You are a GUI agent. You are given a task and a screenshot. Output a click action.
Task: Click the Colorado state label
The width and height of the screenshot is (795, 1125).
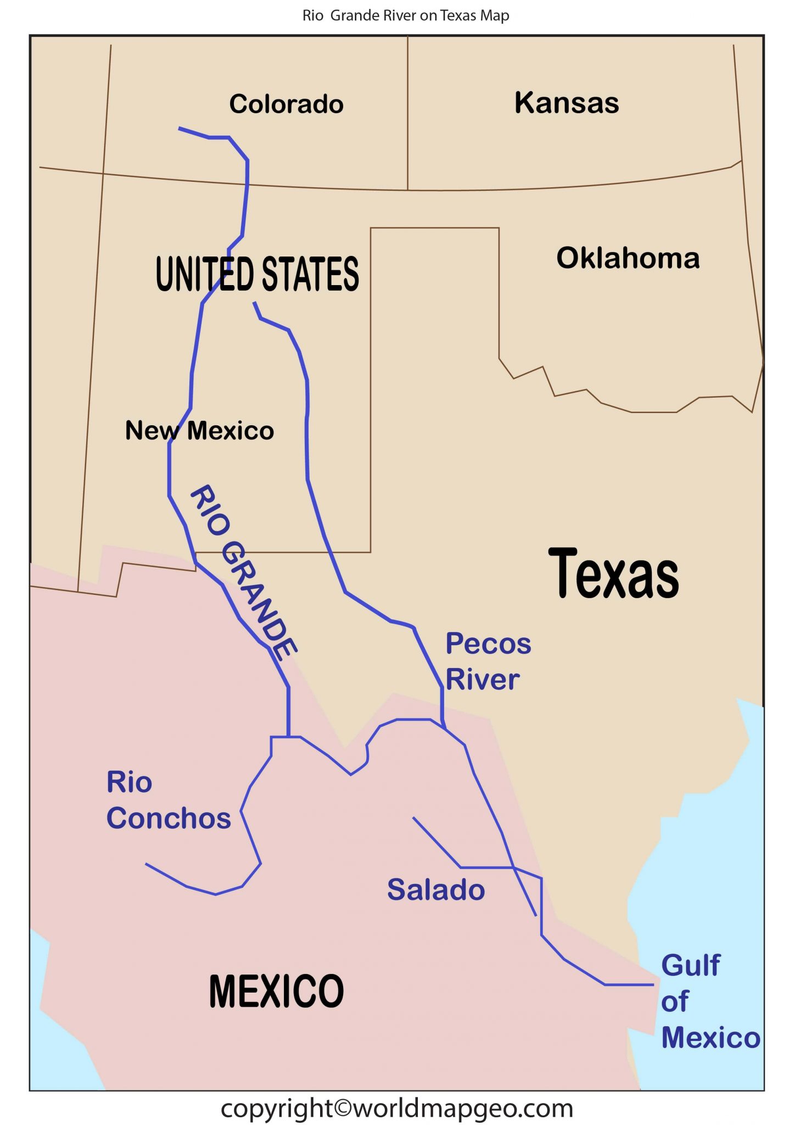pos(286,104)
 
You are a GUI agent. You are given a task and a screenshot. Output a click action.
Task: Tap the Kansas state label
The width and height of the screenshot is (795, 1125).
pos(566,103)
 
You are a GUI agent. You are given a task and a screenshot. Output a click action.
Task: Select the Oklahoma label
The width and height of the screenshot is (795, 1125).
pos(628,258)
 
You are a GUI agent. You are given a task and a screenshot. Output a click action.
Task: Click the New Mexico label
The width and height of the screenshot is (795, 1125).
pos(199,430)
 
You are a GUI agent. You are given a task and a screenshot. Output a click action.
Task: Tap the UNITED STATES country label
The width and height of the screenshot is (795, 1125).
pos(257,274)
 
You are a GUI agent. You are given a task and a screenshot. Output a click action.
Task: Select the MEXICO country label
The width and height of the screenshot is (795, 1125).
pos(276,991)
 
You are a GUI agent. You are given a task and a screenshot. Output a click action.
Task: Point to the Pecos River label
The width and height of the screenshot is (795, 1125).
pos(488,661)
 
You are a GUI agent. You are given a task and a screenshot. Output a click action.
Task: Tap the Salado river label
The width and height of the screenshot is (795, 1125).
pos(436,889)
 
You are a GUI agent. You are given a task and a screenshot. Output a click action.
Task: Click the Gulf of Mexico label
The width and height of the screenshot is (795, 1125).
pos(709,1001)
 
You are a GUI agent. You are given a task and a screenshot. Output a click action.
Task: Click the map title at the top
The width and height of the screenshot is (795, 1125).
pos(406,15)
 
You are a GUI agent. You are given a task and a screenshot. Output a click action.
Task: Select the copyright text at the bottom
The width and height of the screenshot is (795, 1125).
pos(397,1108)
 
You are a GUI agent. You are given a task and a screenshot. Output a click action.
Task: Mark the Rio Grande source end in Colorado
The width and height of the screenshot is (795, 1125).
pos(180,129)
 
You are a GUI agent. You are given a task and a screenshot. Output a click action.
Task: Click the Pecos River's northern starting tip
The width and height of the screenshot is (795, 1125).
pos(254,303)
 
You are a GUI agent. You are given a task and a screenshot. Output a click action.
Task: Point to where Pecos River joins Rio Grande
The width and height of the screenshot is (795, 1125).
pos(444,728)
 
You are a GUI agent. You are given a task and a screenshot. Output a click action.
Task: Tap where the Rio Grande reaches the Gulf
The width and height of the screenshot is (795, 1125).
pos(652,984)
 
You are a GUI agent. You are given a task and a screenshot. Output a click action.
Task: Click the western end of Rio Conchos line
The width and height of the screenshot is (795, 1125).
pos(147,864)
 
